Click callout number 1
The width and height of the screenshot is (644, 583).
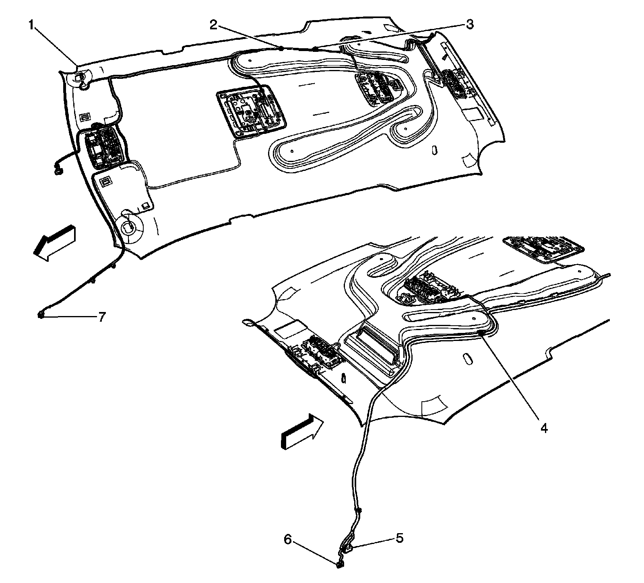[x=31, y=25]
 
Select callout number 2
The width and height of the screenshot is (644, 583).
[x=213, y=25]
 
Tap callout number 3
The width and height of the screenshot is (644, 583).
[x=469, y=25]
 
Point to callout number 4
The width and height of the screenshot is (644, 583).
[x=544, y=429]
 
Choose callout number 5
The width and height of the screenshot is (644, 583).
[x=399, y=538]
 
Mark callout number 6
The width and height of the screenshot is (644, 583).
[x=288, y=540]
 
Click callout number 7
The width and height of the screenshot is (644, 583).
[x=101, y=317]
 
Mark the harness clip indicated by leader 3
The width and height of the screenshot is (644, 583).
[x=315, y=49]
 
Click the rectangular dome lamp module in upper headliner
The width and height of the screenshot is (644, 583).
[x=252, y=112]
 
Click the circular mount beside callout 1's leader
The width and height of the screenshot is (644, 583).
[x=80, y=78]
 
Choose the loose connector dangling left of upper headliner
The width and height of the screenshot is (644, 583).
[x=59, y=171]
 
